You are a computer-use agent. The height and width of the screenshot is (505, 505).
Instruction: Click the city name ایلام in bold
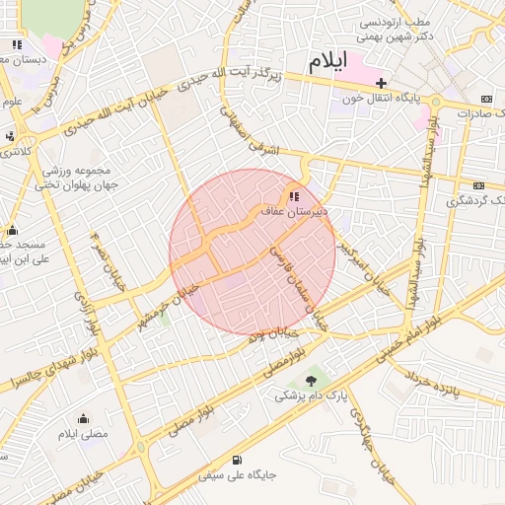[x=327, y=61]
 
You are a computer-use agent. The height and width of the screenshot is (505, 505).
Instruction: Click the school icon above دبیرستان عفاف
[x=295, y=195]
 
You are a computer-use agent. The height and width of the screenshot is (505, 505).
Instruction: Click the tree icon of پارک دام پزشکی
[x=313, y=378]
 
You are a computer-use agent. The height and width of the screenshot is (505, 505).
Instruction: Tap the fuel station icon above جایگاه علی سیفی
[x=236, y=461]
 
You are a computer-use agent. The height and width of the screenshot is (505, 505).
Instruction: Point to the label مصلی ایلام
[x=83, y=434]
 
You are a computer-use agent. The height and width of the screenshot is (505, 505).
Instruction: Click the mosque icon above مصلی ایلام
[x=83, y=417]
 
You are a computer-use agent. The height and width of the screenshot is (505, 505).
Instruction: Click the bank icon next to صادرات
[x=485, y=100]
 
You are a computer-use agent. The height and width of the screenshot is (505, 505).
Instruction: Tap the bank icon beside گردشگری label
[x=478, y=185]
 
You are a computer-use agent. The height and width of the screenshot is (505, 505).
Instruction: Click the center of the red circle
[x=252, y=252]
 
